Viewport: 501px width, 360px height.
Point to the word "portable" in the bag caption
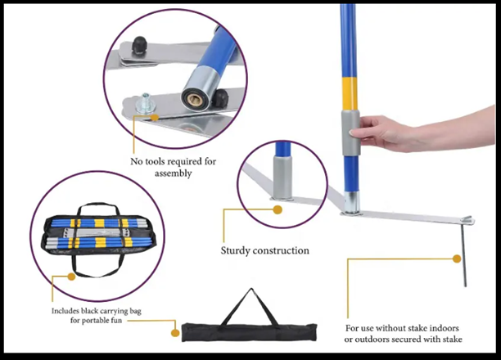pos(96,320)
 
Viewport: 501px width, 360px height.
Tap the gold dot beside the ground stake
pos(457,259)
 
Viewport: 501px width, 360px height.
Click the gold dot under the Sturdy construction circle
pos(278,209)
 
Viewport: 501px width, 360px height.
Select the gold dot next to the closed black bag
pos(175,333)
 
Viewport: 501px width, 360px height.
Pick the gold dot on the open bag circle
pos(71,277)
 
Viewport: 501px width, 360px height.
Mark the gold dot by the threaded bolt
pos(155,117)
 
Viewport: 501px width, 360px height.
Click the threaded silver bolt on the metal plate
pos(146,103)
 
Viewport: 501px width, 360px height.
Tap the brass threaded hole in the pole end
pos(195,100)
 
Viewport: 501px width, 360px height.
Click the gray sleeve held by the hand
pos(351,133)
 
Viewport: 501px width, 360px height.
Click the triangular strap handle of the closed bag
pos(250,307)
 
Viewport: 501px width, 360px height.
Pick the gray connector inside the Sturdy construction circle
pos(282,178)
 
